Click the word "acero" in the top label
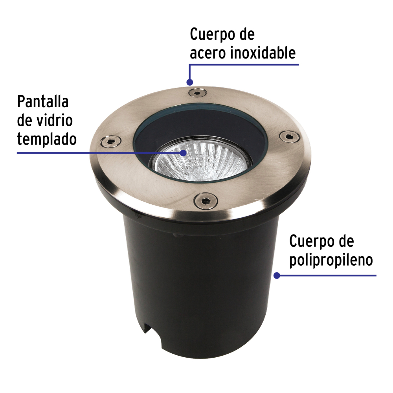207,53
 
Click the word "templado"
47,139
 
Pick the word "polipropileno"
331,261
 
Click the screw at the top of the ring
197,92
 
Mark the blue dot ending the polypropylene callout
277,275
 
